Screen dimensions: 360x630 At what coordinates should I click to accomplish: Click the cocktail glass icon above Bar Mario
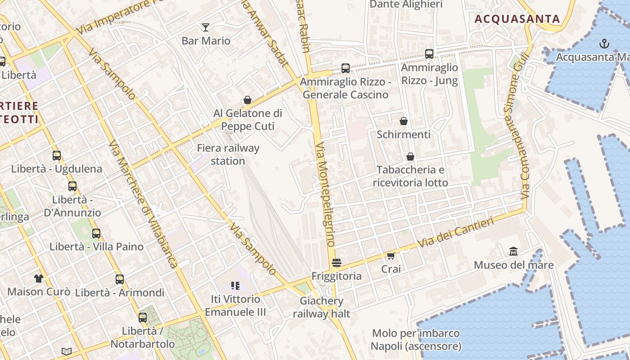206,27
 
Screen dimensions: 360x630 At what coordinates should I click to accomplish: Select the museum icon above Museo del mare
513,252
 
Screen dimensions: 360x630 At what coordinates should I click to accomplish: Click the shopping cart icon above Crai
391,256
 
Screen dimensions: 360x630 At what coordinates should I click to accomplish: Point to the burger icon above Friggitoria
336,262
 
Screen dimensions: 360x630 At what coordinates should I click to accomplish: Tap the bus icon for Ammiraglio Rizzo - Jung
429,54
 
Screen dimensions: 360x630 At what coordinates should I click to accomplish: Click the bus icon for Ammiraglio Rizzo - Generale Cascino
345,68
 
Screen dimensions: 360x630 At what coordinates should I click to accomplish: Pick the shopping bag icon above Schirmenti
404,121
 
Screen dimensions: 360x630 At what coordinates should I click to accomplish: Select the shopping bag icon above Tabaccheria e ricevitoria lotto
410,157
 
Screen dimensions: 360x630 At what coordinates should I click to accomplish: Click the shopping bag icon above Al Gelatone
247,100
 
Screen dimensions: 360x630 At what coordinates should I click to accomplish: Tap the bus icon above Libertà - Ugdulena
57,156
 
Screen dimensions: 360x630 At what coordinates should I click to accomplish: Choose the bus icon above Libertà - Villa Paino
96,234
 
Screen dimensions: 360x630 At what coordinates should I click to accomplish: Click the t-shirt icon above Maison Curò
38,279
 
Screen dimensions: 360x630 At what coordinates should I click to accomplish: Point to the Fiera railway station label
228,154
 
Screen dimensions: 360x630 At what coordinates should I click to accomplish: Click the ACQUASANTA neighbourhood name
517,19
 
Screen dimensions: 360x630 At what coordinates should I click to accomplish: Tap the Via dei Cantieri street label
455,232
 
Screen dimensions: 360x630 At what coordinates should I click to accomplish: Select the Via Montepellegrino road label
325,194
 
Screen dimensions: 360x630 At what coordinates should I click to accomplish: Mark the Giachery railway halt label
321,307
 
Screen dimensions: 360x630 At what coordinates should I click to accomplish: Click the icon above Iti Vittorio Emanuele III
235,285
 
